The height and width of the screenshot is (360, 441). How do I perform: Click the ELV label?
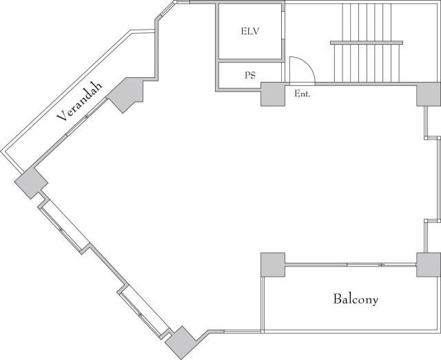pos(250,31)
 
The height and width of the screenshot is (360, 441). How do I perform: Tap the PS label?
pos(250,75)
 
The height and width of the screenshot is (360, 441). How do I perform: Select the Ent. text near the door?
pos(302,94)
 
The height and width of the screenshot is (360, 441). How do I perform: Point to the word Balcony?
pos(356,299)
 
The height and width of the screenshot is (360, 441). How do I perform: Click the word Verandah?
pos(80,102)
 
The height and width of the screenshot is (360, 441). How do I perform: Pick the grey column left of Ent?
pos(273,94)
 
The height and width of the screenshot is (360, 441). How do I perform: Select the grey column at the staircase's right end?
pos(429,94)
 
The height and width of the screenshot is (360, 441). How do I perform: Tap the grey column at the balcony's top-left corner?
pos(273,265)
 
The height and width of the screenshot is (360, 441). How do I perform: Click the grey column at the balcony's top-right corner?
pos(429,265)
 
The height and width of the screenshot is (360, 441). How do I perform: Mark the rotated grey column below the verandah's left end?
pos(31,183)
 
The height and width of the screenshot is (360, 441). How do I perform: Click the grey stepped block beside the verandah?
pos(125,94)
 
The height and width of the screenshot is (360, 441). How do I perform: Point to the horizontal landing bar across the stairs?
pos(367,43)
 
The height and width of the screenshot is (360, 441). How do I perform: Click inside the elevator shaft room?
pos(250,31)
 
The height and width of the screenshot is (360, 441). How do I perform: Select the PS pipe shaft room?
pos(250,75)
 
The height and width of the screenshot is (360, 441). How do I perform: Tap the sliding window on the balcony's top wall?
pos(364,264)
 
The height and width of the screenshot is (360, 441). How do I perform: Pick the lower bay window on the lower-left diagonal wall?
pos(143,312)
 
